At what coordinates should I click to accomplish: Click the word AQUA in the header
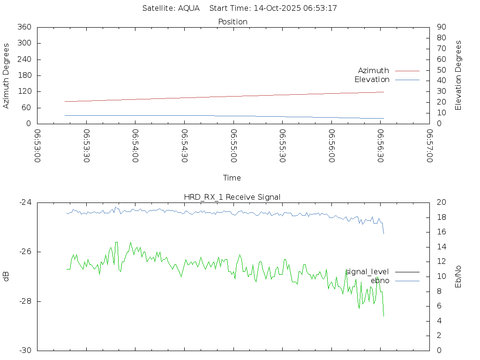point(189,8)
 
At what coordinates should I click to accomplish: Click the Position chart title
point(233,22)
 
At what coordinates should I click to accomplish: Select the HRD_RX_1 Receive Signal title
point(232,197)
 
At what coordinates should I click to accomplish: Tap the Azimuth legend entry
point(374,70)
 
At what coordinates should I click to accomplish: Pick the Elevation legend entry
point(372,80)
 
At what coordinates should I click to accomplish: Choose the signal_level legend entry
point(367,272)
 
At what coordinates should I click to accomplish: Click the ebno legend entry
point(380,281)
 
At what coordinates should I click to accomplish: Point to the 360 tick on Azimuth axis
point(24,27)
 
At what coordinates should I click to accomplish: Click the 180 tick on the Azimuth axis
point(24,75)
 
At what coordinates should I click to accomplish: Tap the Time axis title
point(232,178)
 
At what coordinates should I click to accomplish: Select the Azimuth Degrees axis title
point(7,75)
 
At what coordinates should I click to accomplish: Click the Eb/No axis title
point(458,277)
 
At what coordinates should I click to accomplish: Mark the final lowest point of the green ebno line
point(383,316)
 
